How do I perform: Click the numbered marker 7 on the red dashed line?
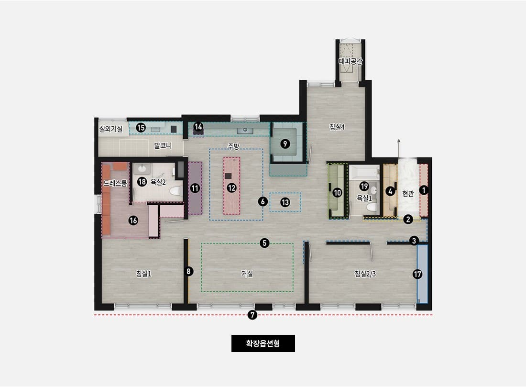click(252, 315)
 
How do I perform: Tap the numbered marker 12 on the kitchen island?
click(231, 188)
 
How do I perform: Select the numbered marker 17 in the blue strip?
click(417, 274)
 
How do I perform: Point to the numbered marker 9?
click(285, 144)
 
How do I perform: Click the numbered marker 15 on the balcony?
click(141, 128)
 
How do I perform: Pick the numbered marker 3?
click(414, 240)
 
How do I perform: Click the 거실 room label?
click(247, 274)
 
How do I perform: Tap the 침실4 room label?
click(337, 127)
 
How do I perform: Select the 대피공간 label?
click(351, 61)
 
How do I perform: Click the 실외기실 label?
click(111, 129)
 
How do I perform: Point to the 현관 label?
click(408, 193)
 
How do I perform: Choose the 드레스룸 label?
click(115, 183)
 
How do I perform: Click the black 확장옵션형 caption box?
click(263, 343)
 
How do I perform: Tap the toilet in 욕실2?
click(175, 191)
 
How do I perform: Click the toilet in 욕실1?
click(371, 207)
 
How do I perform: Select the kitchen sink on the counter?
click(245, 130)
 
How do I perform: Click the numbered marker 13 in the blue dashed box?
click(285, 202)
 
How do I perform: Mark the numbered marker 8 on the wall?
click(189, 271)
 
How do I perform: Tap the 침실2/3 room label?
click(365, 274)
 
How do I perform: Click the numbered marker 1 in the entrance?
click(424, 190)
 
